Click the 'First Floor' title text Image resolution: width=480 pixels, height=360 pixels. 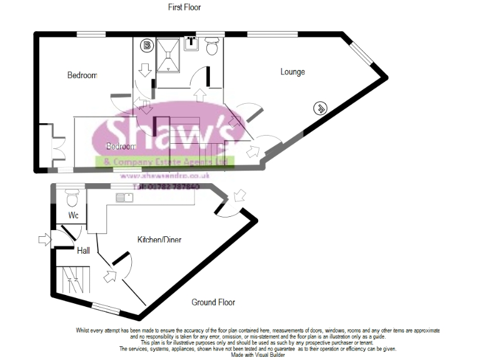[x=184, y=7]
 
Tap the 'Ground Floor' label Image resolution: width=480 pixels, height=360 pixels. [x=213, y=302]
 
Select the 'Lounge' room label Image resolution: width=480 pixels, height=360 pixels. [x=292, y=72]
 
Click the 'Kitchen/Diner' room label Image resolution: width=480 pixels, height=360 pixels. [x=159, y=239]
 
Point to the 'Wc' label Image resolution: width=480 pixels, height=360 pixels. [x=73, y=216]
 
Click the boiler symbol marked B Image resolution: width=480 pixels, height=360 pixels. [x=147, y=46]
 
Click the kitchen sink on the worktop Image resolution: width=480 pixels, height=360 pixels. [x=124, y=198]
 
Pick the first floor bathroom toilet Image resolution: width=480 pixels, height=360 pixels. [x=211, y=46]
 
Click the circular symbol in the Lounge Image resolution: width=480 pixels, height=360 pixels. [x=319, y=108]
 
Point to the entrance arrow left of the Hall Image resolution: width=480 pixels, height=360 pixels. [x=43, y=239]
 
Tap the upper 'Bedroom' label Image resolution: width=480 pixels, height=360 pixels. [x=82, y=75]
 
